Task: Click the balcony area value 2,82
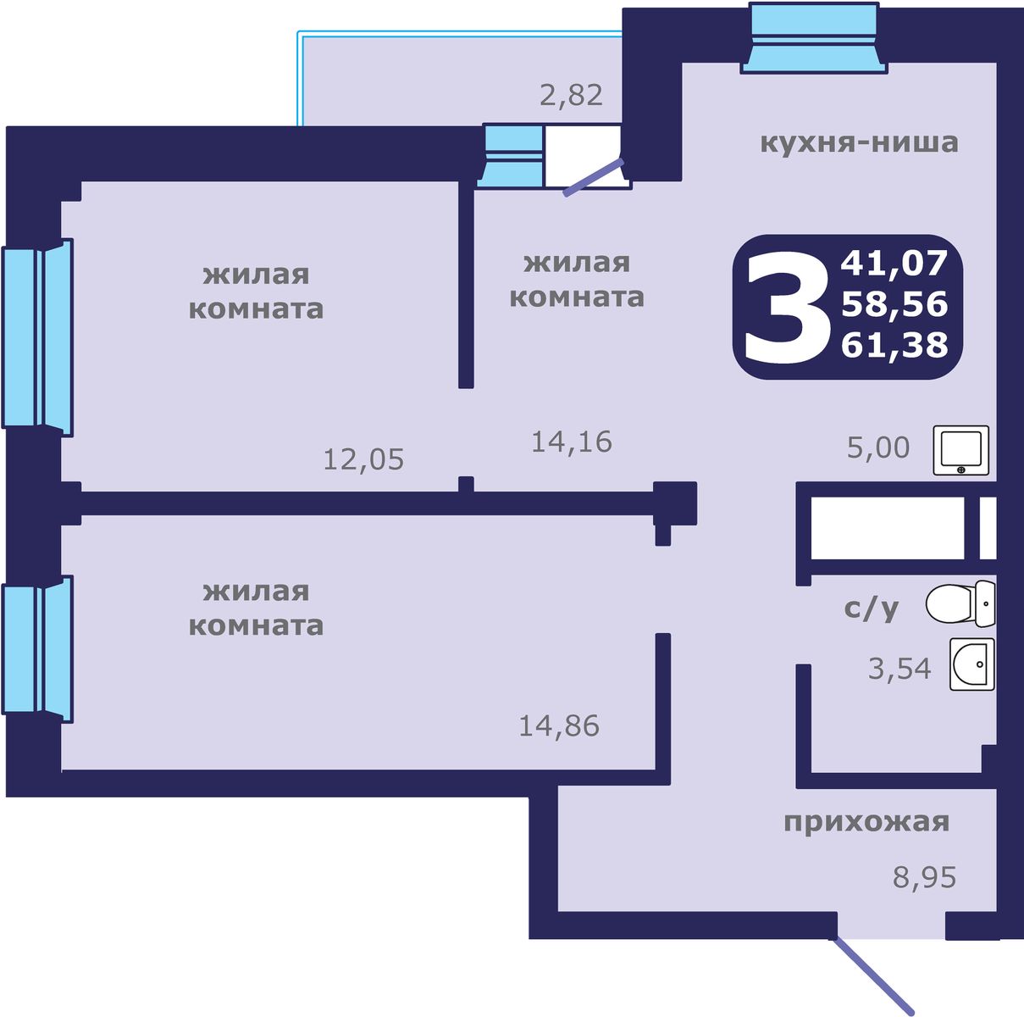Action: [x=572, y=95]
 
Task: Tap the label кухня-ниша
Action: [x=859, y=142]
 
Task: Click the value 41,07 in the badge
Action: [x=894, y=264]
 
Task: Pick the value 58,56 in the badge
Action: [x=894, y=304]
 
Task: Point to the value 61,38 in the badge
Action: [x=894, y=345]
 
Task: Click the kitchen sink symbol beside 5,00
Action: [x=961, y=450]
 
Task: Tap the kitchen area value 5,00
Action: [x=878, y=447]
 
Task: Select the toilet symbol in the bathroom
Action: [x=960, y=604]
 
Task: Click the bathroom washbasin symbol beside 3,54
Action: [x=971, y=664]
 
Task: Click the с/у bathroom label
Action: [x=872, y=608]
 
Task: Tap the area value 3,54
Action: [x=899, y=670]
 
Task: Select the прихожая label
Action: [x=866, y=822]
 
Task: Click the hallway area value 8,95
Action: [x=924, y=877]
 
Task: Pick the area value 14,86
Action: [x=559, y=726]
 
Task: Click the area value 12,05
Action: [x=363, y=460]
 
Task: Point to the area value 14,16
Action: [x=572, y=442]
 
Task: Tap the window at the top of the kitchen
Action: [x=815, y=39]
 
